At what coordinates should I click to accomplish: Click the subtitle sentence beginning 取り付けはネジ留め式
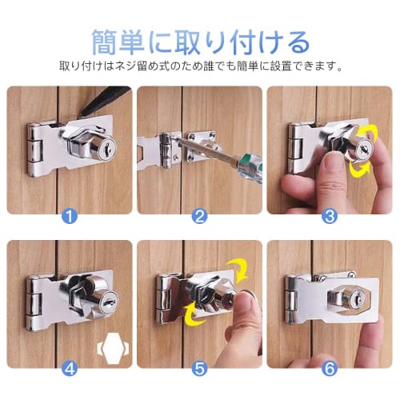click(x=200, y=66)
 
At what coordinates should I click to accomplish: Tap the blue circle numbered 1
click(x=70, y=215)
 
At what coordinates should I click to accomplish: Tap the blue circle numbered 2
click(x=200, y=215)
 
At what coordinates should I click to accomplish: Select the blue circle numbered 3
click(x=330, y=215)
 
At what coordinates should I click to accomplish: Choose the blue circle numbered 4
click(x=70, y=369)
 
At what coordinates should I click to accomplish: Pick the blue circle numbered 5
click(x=200, y=369)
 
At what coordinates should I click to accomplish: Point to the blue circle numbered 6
click(x=330, y=369)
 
